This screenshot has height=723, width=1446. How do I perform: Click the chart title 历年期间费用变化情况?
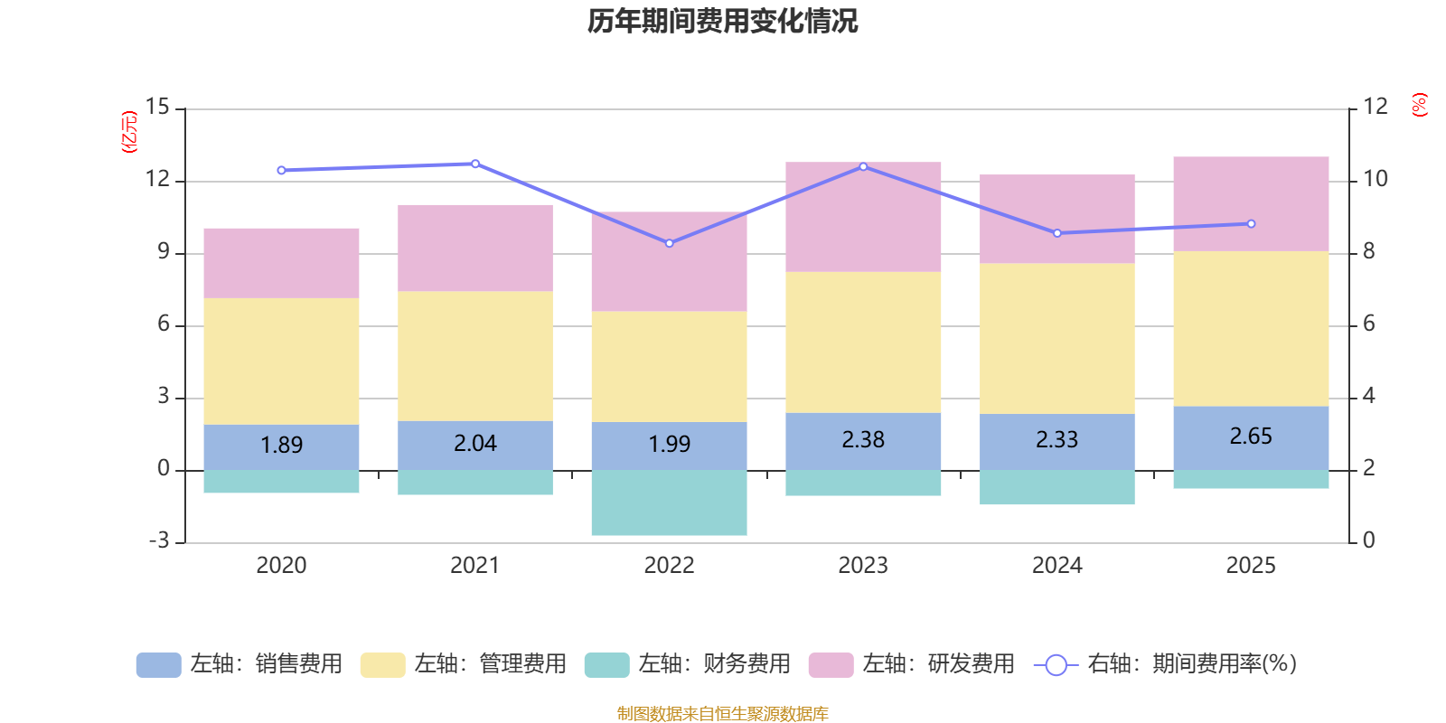[x=722, y=21]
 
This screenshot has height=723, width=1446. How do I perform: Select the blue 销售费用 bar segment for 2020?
[x=281, y=447]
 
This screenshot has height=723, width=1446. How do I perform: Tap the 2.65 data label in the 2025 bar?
[x=1251, y=437]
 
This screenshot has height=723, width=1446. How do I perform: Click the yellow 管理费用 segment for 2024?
[x=1056, y=339]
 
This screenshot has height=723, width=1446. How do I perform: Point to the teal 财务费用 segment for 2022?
[x=669, y=502]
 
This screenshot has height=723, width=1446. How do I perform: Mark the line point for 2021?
[x=475, y=164]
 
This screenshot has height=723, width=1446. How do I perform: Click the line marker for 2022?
[x=669, y=243]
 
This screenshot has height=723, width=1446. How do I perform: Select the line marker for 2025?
[x=1251, y=223]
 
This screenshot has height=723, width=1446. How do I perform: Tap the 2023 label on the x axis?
[x=863, y=566]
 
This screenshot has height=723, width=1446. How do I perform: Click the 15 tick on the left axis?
[x=157, y=107]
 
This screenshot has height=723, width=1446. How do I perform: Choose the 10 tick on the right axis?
[x=1375, y=179]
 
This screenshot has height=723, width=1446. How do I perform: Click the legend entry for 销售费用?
[x=239, y=664]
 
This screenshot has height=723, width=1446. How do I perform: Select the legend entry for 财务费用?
[x=688, y=664]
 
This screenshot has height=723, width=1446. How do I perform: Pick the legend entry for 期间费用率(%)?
[x=1166, y=664]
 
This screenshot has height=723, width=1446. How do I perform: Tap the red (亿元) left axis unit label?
[x=130, y=132]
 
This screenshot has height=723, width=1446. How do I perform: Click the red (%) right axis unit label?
[x=1419, y=105]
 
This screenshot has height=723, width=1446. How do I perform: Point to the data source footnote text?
[x=722, y=714]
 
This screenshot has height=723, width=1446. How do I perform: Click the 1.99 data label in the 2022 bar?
[x=669, y=445]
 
